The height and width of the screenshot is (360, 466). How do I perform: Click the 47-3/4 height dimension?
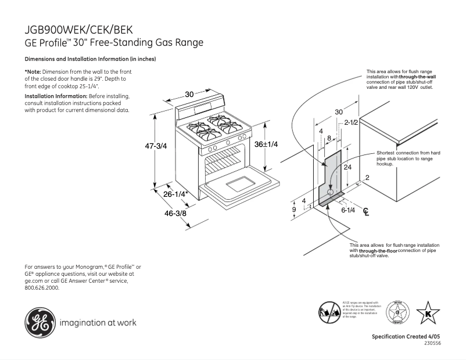(156, 146)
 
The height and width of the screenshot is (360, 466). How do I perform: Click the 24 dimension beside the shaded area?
(347, 167)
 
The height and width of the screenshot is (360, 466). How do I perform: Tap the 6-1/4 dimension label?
(348, 210)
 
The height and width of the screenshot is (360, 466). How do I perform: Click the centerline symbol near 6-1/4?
(366, 211)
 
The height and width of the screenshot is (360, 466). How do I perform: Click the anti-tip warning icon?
(329, 311)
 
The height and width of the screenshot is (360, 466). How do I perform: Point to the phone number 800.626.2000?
(42, 287)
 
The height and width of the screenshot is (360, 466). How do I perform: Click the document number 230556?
(431, 343)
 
